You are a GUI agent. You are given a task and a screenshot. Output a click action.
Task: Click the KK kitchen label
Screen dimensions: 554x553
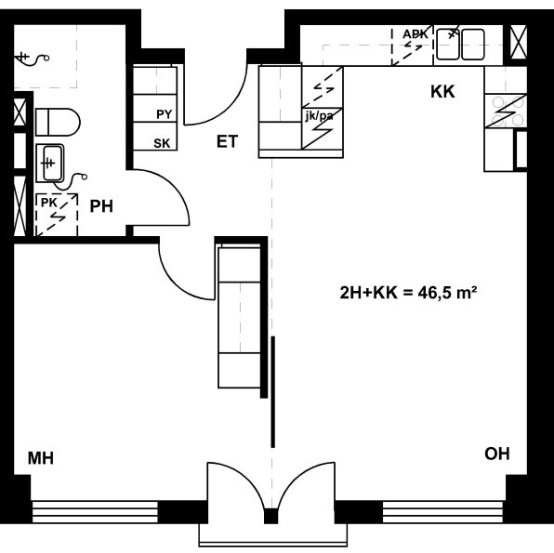pyautogui.click(x=442, y=91)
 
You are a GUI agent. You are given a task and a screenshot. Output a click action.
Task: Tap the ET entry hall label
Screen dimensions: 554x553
pyautogui.click(x=227, y=141)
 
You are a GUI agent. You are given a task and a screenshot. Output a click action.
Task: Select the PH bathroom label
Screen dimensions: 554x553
pyautogui.click(x=101, y=206)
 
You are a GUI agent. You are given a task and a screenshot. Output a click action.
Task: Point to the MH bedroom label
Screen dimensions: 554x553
pyautogui.click(x=41, y=458)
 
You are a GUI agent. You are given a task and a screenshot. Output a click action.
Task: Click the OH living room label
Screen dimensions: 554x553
pyautogui.click(x=497, y=454)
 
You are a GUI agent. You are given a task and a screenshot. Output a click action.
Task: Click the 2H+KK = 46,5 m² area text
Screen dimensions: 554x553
pyautogui.click(x=408, y=293)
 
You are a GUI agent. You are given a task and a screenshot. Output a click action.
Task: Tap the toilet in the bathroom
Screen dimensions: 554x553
pyautogui.click(x=58, y=123)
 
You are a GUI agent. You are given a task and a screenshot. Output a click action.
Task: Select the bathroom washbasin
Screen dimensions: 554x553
pyautogui.click(x=50, y=163)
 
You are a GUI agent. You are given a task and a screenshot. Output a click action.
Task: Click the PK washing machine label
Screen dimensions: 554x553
pyautogui.click(x=48, y=203)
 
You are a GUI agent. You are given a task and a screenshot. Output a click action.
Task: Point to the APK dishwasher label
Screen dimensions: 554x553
pyautogui.click(x=415, y=34)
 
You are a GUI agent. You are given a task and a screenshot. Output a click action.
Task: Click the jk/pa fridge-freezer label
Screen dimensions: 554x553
pyautogui.click(x=319, y=116)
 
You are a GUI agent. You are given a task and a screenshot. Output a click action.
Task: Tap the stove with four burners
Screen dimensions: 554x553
pyautogui.click(x=506, y=111)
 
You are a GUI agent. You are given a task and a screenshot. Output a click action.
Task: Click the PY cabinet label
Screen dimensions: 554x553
pyautogui.click(x=164, y=114)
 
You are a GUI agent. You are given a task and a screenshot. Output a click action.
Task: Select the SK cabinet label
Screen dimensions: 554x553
pyautogui.click(x=162, y=143)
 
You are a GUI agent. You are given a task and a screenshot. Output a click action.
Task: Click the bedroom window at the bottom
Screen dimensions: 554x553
pyautogui.click(x=95, y=512)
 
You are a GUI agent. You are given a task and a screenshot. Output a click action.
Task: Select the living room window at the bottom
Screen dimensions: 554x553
pyautogui.click(x=442, y=512)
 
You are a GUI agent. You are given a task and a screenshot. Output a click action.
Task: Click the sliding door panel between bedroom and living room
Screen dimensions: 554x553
pyautogui.click(x=272, y=392)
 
